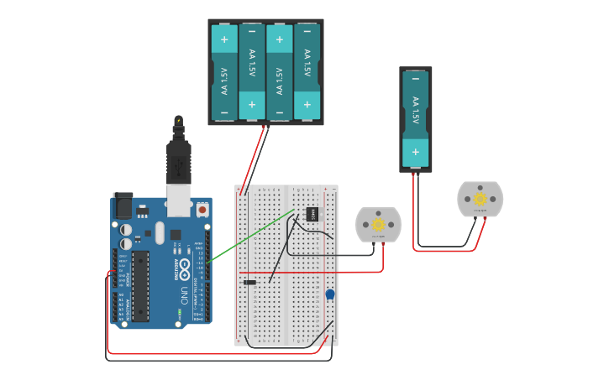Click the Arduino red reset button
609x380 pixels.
pos(202,209)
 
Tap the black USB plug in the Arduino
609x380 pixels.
pos(179,159)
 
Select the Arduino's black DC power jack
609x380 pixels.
pos(123,204)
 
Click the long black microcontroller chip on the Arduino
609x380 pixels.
pos(140,285)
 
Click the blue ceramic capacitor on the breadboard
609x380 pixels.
pos(329,294)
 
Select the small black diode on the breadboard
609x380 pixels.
pos(249,282)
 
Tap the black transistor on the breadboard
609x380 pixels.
pos(312,214)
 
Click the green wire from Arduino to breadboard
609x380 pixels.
pos(252,237)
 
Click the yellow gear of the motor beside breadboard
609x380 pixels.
pos(378,224)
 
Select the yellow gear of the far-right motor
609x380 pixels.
pos(480,199)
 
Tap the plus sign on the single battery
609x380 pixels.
pos(414,153)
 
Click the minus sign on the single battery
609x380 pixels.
pos(414,78)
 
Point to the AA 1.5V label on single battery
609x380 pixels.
pos(414,111)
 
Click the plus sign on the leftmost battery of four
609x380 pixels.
pos(224,39)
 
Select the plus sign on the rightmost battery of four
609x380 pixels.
pos(307,105)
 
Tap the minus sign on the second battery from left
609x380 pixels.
pos(252,39)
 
